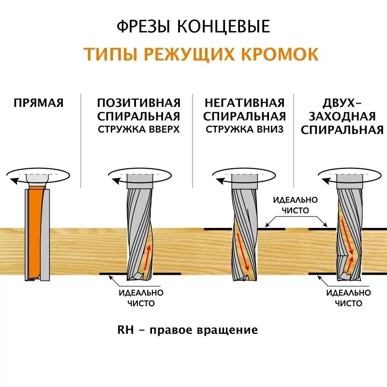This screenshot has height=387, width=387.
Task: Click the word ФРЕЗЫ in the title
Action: [x=143, y=27]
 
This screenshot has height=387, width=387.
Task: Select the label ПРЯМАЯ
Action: [x=39, y=103]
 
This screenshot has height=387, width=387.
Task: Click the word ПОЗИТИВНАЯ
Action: [x=139, y=103]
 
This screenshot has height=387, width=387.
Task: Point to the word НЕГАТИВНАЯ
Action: [x=245, y=103]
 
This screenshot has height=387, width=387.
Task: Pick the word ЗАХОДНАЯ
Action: [x=342, y=117]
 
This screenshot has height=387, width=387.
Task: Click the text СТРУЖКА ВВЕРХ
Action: [x=139, y=129]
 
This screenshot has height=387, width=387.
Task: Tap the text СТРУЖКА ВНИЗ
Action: [x=245, y=129]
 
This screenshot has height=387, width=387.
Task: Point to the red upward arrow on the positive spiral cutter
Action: [x=147, y=257]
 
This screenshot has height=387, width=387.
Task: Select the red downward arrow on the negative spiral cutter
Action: [x=243, y=252]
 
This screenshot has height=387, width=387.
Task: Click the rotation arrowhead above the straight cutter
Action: [x=14, y=181]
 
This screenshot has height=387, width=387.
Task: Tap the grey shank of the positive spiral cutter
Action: [x=140, y=181]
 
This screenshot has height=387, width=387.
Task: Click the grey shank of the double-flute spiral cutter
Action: [x=350, y=181]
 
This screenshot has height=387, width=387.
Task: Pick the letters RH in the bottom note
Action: [x=125, y=330]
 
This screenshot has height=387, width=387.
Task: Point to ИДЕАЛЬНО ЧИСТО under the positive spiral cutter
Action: [x=141, y=298]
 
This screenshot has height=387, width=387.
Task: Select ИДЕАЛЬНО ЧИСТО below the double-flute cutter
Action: [x=348, y=298]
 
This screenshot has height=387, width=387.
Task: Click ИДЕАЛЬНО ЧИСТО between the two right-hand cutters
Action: [x=296, y=205]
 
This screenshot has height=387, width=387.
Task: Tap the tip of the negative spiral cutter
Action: [x=245, y=279]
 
